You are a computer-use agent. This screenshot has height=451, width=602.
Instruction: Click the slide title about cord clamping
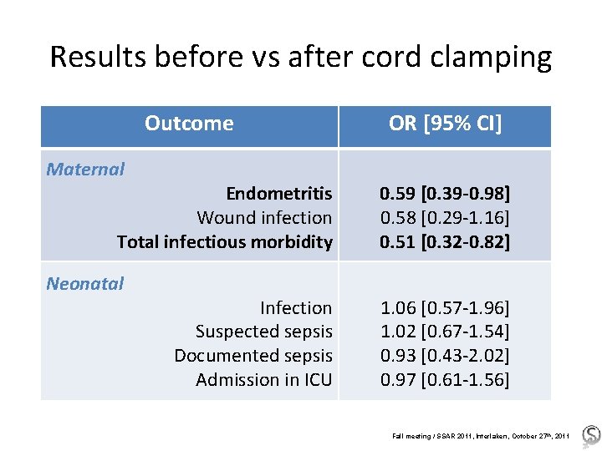pos(301,57)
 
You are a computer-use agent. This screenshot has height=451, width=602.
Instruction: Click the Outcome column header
pos(189,124)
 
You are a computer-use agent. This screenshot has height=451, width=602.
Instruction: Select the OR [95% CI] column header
pos(445,124)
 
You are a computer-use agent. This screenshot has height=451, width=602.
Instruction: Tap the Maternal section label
pos(85,169)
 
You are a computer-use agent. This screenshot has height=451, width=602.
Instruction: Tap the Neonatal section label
pos(85,283)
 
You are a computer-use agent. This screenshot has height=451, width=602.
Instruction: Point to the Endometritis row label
pos(278,194)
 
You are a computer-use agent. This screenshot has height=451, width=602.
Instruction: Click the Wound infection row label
pos(264,218)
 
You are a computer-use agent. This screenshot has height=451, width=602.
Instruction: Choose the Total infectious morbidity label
pos(225,242)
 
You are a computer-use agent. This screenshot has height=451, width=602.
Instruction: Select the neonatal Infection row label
pos(296,308)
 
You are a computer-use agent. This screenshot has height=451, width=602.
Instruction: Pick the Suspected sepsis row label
pos(263,332)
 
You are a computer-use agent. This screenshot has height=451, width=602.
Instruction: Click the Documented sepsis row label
pos(253,356)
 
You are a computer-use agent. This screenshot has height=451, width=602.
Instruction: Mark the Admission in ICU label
pos(263,380)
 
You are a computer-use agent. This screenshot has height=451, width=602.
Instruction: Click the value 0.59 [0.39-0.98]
pos(445,194)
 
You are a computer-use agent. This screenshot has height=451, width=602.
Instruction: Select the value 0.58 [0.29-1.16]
pos(445,218)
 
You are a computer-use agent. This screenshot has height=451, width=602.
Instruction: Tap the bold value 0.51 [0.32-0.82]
pos(445,242)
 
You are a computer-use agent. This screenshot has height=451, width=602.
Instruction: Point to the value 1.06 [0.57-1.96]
pos(445,308)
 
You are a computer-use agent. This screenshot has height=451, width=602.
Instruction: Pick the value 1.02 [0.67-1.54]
pos(445,332)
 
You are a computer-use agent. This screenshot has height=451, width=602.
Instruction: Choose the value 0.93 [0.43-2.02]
pos(445,356)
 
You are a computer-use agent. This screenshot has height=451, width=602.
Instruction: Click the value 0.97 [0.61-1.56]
pos(445,380)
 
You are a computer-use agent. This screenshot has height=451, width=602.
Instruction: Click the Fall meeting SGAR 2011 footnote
pos(481,435)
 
